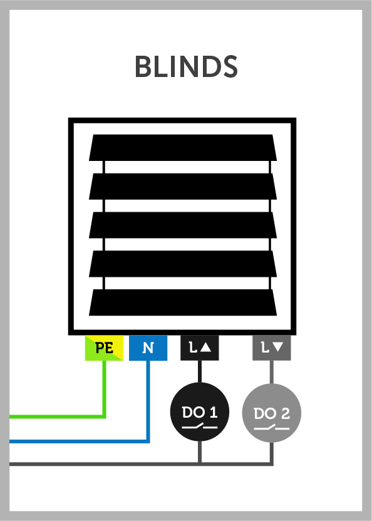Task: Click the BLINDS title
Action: pos(186,66)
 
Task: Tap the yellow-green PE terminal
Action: pos(104,348)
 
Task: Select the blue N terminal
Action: pos(148,348)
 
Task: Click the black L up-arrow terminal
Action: pos(199,348)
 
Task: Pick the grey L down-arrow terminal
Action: pos(272,348)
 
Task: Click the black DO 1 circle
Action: pos(199,411)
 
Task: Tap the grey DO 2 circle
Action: pos(272,413)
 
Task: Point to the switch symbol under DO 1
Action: pos(199,426)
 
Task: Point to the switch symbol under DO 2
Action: pos(272,428)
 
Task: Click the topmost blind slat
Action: pos(183,148)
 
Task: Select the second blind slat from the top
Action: pos(183,187)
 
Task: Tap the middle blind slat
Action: pos(183,225)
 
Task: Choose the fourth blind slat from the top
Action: pos(183,264)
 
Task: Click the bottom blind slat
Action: pos(183,302)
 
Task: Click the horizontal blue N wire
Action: pos(80,441)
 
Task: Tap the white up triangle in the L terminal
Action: pos(206,347)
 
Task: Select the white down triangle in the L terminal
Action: pos(277,347)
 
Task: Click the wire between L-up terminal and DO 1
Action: pos(199,372)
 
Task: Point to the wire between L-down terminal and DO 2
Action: pos(272,373)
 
